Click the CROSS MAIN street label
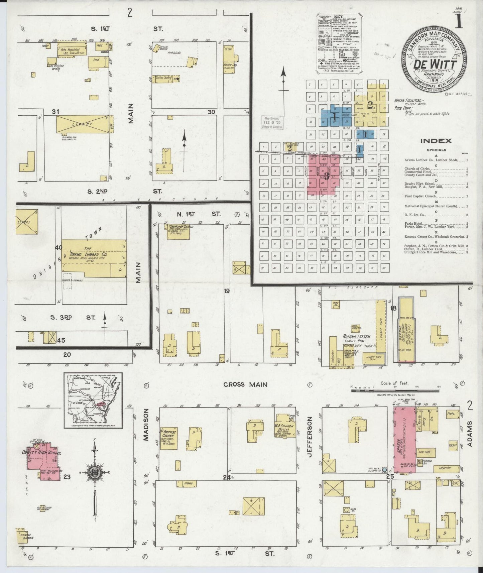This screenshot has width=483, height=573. (245, 384)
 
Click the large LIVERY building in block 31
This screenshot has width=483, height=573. (85, 124)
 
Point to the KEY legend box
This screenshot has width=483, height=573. (339, 43)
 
